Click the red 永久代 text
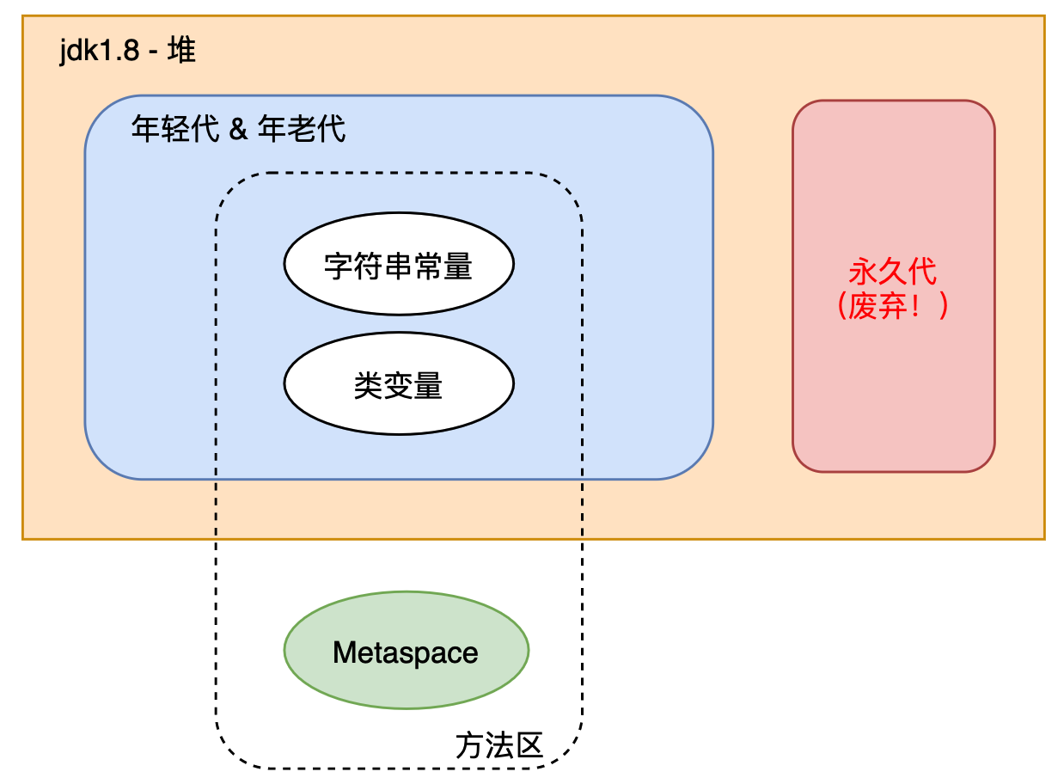click(x=892, y=272)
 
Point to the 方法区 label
click(x=499, y=745)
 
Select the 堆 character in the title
click(x=181, y=52)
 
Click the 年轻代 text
click(x=174, y=130)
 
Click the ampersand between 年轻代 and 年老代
click(x=239, y=131)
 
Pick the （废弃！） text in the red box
click(x=892, y=307)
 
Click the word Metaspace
click(x=406, y=652)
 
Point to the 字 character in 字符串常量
click(x=337, y=266)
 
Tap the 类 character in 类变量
click(x=368, y=386)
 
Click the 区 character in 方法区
click(x=529, y=745)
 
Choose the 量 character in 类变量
click(x=428, y=386)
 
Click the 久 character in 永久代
click(x=892, y=272)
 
